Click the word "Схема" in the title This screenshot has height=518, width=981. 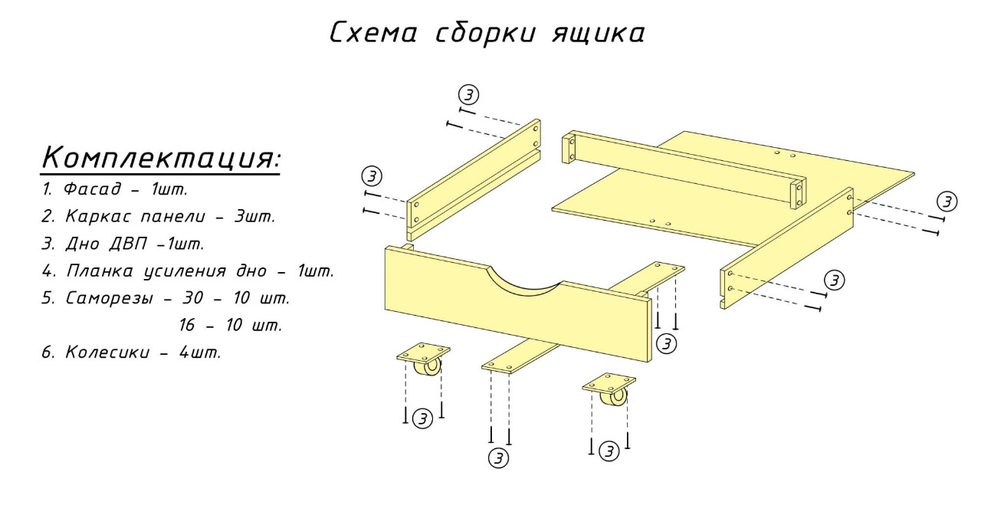[372, 33]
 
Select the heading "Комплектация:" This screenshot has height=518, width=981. [161, 158]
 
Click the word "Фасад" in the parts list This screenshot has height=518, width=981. [92, 189]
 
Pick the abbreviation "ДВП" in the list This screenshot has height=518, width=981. [128, 244]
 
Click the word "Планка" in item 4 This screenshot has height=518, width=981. [100, 271]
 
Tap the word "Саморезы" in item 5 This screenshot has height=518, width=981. [110, 298]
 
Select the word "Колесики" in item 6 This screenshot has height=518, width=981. [108, 352]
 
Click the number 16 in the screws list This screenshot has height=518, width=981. [186, 326]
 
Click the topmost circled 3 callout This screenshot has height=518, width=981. [468, 94]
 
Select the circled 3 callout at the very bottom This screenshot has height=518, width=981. [498, 458]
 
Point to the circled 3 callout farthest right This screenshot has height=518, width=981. [947, 202]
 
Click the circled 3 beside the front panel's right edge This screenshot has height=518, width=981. [667, 344]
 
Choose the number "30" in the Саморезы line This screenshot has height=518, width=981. [192, 298]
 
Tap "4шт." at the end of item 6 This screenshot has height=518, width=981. [200, 352]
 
